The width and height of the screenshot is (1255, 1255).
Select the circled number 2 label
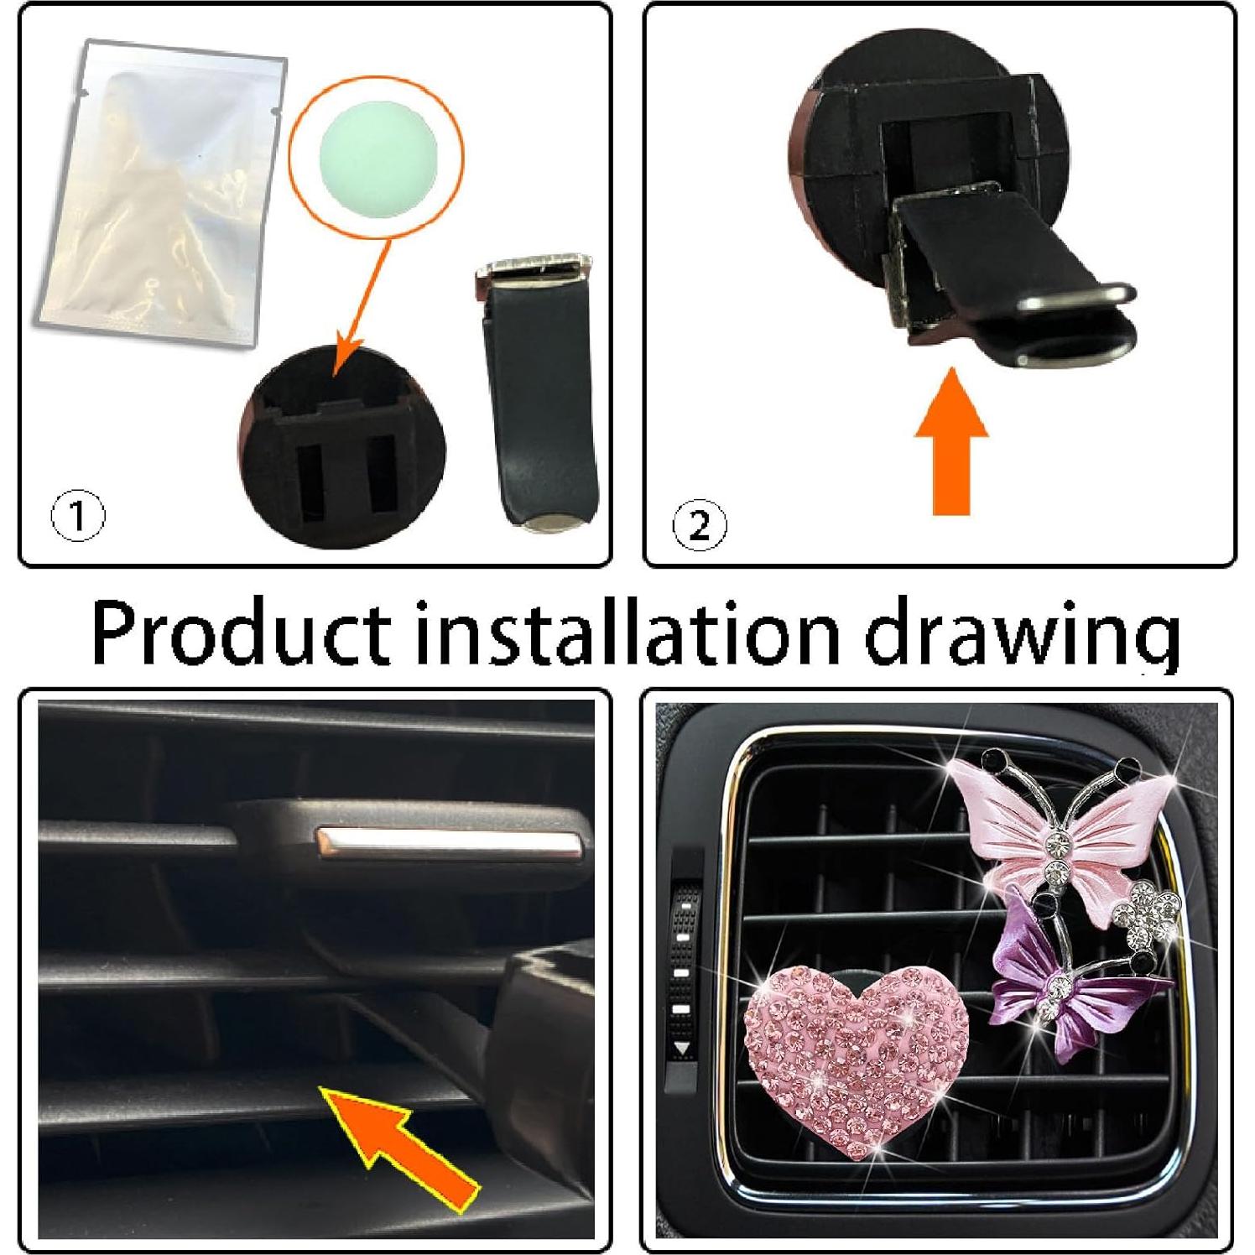(x=700, y=526)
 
